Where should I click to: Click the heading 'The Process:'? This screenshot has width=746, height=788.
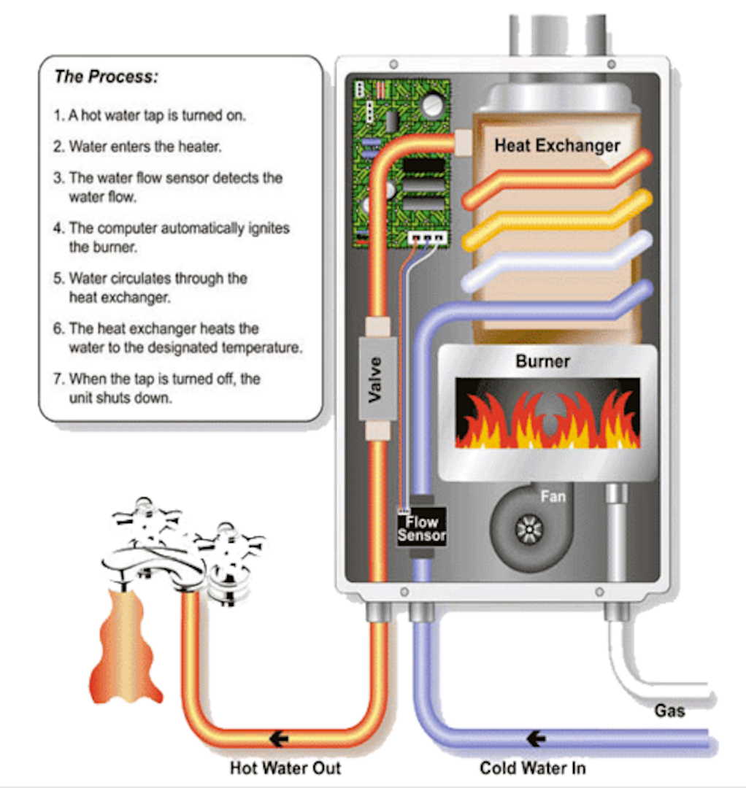pos(106,77)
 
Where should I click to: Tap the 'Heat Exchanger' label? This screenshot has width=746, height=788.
pos(557,144)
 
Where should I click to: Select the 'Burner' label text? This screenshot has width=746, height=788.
pos(542,360)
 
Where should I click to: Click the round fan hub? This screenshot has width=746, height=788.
pos(528,529)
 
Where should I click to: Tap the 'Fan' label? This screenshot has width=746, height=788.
pos(553,496)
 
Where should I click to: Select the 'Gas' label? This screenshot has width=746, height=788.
pos(669,709)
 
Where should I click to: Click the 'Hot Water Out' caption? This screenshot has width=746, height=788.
pos(285,768)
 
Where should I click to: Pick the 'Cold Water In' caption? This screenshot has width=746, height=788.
pos(532,768)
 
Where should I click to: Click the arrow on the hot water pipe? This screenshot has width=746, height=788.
pos(278,738)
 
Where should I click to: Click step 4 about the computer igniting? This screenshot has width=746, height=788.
pos(178,237)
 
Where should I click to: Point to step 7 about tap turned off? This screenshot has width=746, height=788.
pos(164,389)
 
